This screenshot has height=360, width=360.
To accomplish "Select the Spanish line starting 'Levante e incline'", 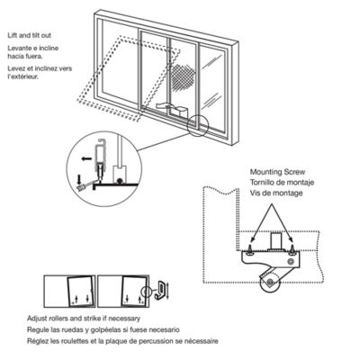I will tap(32, 49).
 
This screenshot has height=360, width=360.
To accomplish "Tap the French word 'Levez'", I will tap(13, 66).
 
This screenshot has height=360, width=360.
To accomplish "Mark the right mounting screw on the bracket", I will tap(291, 242).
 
